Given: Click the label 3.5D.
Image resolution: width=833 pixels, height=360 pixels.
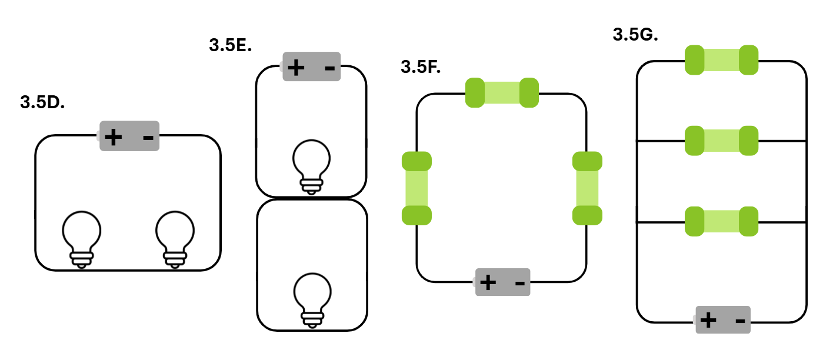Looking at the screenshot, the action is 42,102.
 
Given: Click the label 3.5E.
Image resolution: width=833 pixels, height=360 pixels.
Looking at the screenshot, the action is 231,45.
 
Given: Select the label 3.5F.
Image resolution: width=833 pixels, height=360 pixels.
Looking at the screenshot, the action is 421,67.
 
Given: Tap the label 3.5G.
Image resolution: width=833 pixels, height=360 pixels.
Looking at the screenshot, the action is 635,35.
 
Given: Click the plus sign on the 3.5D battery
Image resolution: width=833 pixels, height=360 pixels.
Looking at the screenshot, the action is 114,137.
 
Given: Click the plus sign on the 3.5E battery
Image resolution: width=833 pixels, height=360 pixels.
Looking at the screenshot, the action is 296,68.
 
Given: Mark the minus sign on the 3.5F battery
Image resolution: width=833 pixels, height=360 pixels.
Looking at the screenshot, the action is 520,284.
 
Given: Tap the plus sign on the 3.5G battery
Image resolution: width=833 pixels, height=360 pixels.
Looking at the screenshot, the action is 708,320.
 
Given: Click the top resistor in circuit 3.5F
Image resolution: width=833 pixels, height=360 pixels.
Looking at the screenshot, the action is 502,92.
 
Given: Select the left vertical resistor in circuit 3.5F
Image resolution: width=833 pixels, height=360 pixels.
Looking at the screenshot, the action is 417,188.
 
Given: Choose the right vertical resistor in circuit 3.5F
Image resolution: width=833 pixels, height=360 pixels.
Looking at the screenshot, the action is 587,188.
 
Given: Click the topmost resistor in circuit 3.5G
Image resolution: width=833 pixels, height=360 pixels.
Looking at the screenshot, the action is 721,60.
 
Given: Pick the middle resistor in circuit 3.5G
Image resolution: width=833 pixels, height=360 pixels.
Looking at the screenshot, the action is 721,141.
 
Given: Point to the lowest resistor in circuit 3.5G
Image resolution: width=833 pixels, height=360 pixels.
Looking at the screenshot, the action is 721,221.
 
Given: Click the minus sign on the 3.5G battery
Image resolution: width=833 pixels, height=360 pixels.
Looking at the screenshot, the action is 741,321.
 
